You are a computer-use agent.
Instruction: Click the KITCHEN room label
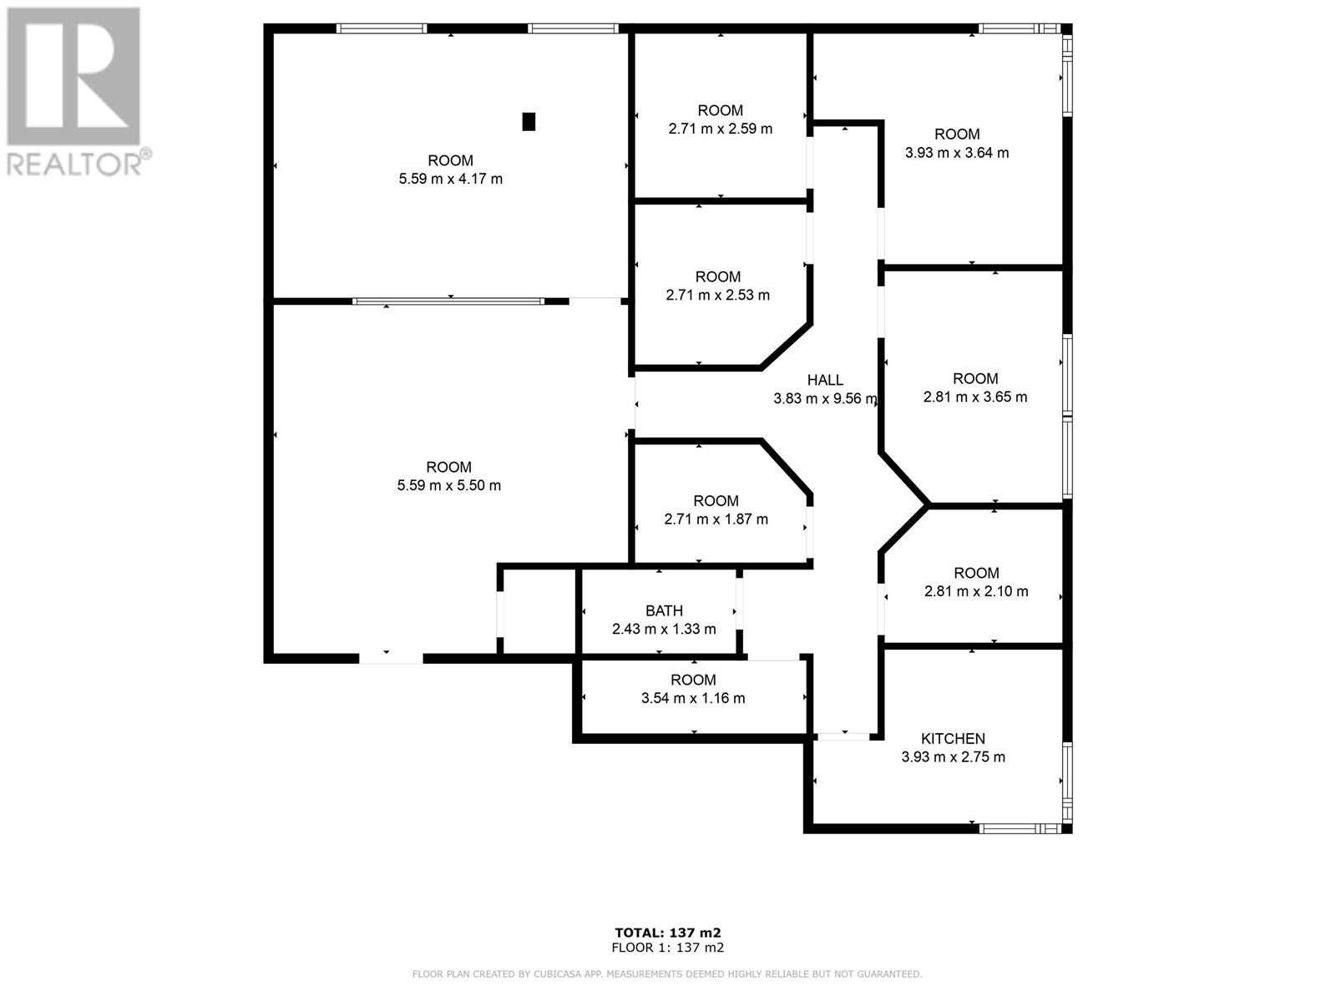[x=953, y=739]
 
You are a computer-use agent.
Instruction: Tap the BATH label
[x=664, y=611]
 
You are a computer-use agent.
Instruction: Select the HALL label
[x=825, y=380]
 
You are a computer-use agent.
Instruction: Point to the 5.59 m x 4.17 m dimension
[x=450, y=179]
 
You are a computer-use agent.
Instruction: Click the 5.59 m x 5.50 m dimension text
[x=449, y=485]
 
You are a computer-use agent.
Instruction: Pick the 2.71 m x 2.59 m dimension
[x=721, y=129]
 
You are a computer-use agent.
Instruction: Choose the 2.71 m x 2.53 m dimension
[x=717, y=295]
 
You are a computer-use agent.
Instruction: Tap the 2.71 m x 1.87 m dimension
[x=716, y=519]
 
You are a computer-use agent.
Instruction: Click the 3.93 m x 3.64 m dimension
[x=957, y=153]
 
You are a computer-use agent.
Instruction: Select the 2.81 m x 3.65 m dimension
[x=975, y=397]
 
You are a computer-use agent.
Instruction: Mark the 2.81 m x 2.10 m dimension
[x=976, y=591]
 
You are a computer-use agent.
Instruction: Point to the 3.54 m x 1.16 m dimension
[x=693, y=698]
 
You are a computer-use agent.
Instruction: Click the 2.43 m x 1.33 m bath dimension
[x=664, y=629]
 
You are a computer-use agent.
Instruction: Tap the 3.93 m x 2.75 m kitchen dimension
[x=954, y=757]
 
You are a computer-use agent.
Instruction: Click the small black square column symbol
[x=529, y=122]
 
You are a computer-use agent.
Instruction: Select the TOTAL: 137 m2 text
[x=668, y=933]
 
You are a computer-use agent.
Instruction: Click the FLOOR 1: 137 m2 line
[x=668, y=948]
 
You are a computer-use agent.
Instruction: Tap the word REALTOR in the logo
[x=73, y=164]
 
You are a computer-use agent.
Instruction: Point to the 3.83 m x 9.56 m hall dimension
[x=825, y=399]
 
